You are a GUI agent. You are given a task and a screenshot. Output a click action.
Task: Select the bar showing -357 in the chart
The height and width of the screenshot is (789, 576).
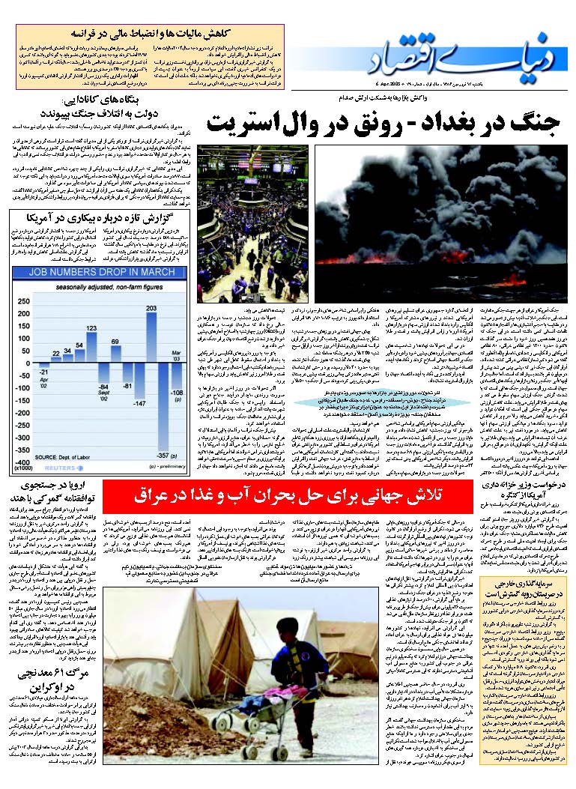[x=163, y=408]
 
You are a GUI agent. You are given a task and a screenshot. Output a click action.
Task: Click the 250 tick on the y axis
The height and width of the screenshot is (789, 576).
[x=23, y=301]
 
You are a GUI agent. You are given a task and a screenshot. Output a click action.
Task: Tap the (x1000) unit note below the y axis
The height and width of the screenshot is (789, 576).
[x=23, y=468]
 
